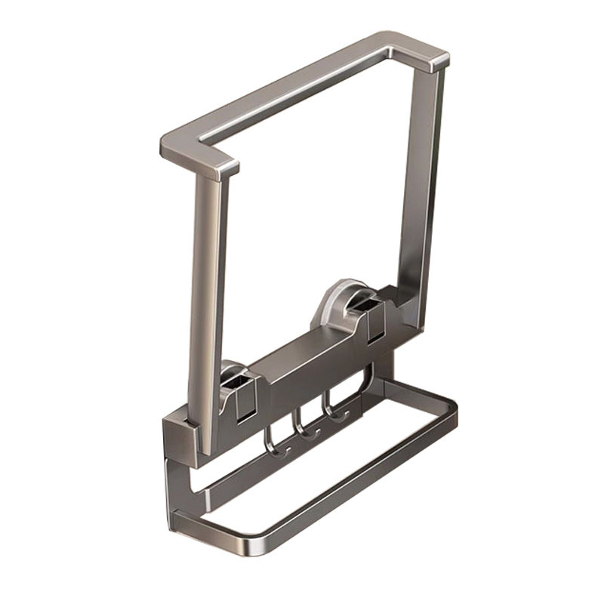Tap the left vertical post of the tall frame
point(205,302)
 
